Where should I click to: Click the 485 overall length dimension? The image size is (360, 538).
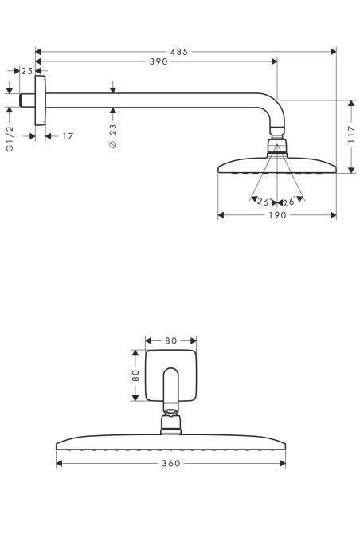coord(181,52)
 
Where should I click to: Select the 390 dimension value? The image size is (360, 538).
coord(158,61)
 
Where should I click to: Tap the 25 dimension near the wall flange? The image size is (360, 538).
coord(27,71)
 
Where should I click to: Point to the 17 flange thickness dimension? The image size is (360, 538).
coord(67,136)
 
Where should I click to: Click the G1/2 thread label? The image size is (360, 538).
coord(10,138)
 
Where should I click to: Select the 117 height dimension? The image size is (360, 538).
coord(351,136)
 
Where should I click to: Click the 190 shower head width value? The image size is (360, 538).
coord(276,215)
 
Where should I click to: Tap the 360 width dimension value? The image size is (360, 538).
coord(170,463)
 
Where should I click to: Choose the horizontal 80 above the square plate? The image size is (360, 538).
coord(170,341)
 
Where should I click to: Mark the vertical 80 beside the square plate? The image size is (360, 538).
coord(136,374)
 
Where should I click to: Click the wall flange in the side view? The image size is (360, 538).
coord(39,101)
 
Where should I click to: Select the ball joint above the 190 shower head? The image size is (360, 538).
coord(276,146)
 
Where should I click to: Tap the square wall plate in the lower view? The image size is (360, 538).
coord(170,374)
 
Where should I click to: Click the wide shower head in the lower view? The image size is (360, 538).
coord(170,442)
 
